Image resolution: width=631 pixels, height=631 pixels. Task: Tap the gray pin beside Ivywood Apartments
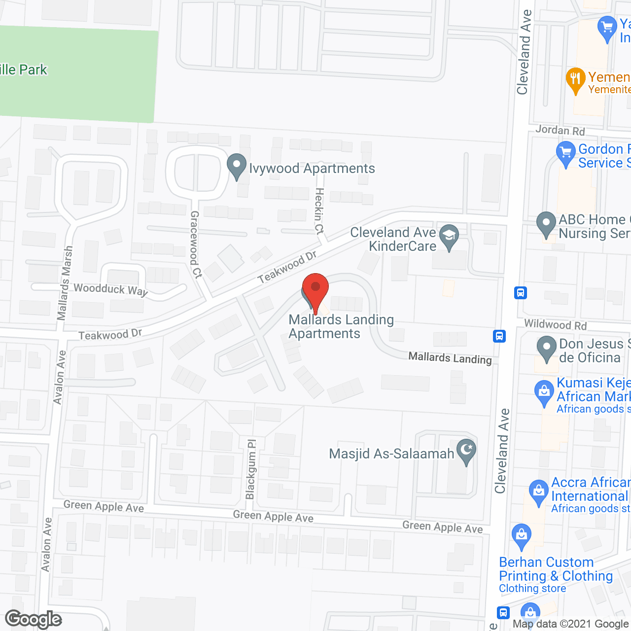237,166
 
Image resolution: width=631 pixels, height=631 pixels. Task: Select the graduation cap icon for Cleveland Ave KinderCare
449,236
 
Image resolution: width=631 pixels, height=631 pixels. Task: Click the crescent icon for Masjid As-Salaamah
466,451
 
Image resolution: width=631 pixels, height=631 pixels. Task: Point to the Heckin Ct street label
319,210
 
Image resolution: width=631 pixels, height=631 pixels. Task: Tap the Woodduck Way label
110,289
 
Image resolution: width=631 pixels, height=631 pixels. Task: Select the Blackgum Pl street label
251,469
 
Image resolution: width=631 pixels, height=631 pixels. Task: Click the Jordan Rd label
560,130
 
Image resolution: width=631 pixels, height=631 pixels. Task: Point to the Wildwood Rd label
555,324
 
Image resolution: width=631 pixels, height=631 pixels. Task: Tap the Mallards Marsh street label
65,283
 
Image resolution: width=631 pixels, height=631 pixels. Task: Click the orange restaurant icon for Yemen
575,79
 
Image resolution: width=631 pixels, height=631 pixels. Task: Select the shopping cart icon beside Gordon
566,153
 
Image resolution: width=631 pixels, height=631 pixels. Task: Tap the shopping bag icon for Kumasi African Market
544,392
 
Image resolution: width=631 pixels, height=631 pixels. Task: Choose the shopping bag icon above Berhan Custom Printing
521,535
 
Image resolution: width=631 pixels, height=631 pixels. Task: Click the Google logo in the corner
34,619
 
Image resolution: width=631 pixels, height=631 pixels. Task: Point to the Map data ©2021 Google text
571,624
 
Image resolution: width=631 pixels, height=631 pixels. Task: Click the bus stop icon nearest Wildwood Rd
499,336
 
